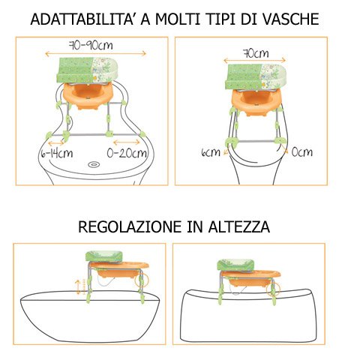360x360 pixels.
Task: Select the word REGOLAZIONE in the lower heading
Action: (x=130, y=227)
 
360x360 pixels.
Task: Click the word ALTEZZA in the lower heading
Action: (x=239, y=227)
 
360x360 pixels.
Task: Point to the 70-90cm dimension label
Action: (x=91, y=45)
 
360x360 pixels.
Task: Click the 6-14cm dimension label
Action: (x=57, y=153)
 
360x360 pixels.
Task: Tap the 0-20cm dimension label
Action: (x=127, y=153)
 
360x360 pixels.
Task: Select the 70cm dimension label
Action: (x=256, y=53)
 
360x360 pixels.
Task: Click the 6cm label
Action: (x=211, y=152)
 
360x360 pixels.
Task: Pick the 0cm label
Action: (x=302, y=151)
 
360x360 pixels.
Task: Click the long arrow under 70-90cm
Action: (x=95, y=53)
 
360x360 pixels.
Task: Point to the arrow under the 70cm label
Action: (x=254, y=61)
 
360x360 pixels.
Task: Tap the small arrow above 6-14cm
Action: (x=56, y=143)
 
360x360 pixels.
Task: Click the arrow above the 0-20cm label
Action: (x=127, y=142)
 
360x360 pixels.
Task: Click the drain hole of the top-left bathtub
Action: (x=94, y=164)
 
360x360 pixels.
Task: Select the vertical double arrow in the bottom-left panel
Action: (x=78, y=286)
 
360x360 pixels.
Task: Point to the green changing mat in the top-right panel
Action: (x=256, y=76)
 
